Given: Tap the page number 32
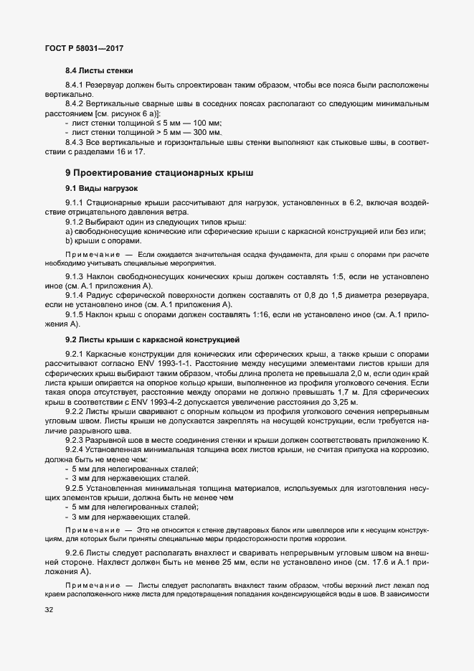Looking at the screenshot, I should coord(49,610).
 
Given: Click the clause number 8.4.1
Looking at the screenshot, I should coord(76,86).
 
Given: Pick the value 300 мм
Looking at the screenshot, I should coord(208,133).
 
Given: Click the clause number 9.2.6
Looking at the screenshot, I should coord(76,553).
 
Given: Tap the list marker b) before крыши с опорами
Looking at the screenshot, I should coord(68,240).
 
